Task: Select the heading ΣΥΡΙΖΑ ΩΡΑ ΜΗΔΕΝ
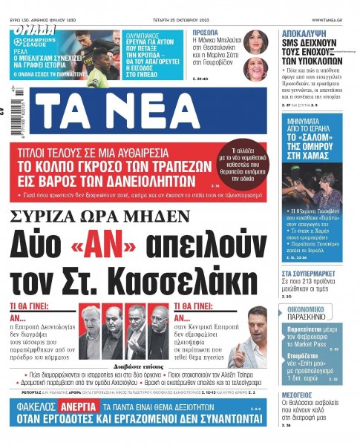pyautogui.click(x=99, y=216)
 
